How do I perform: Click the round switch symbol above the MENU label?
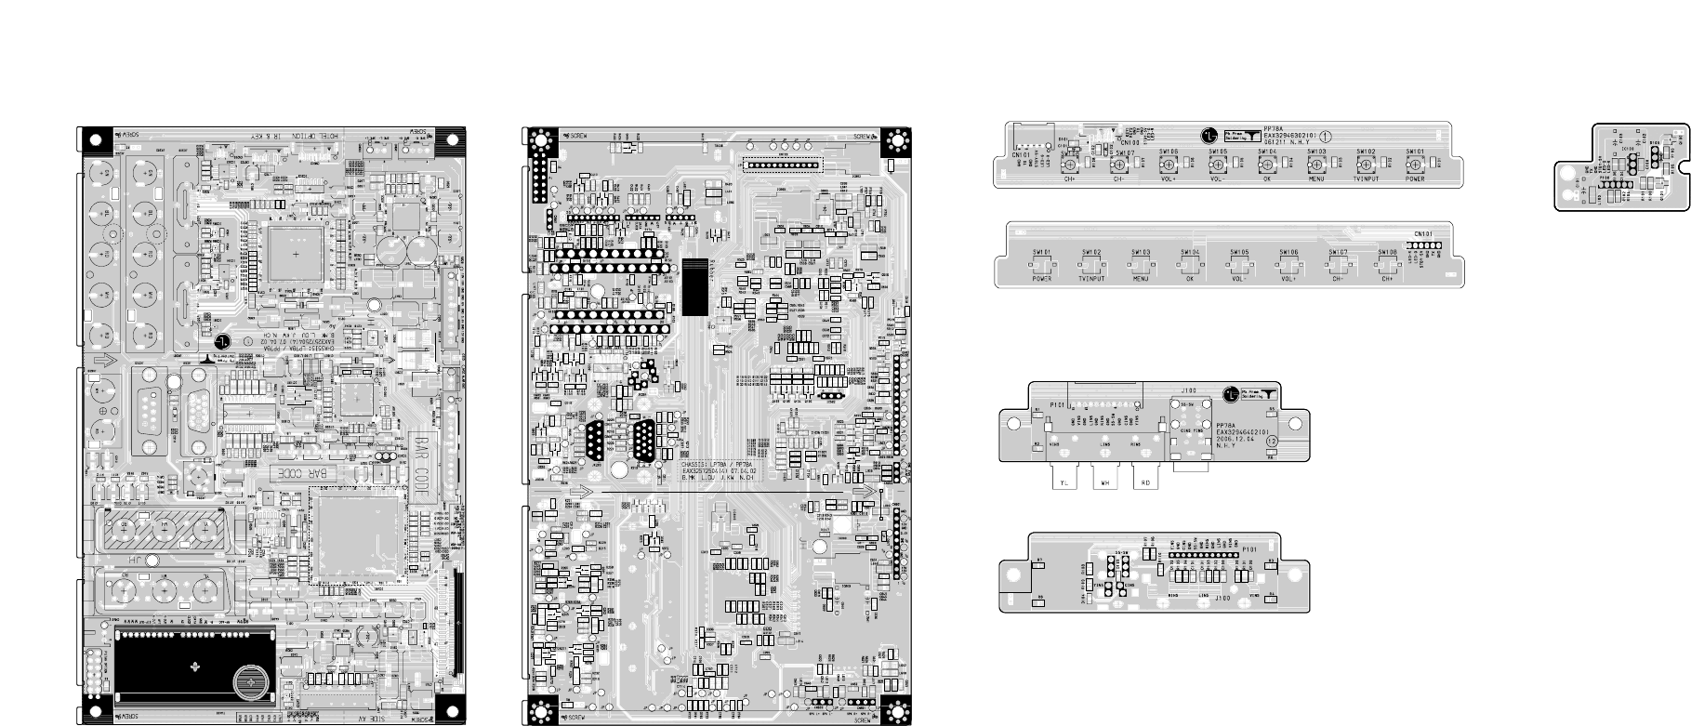tap(1315, 164)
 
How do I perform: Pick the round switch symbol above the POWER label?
tap(1415, 164)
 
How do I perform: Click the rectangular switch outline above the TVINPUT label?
tap(1090, 266)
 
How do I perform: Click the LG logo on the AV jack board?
tap(1232, 393)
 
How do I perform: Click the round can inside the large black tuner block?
tap(252, 682)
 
